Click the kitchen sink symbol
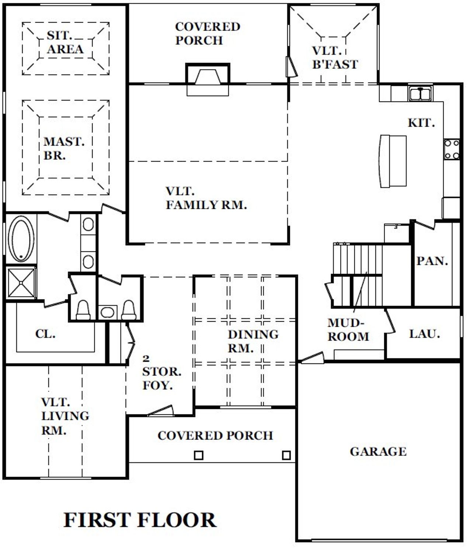tap(420, 94)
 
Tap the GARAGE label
tap(378, 451)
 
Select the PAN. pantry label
tap(432, 261)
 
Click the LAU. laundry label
tap(424, 334)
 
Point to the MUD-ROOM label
tap(348, 330)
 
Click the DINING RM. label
tap(253, 341)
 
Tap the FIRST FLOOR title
tap(140, 520)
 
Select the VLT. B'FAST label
tap(335, 57)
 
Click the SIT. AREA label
tap(65, 42)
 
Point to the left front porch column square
tap(198, 455)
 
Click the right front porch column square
tap(287, 455)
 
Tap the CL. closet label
tap(45, 334)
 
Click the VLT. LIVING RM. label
tap(65, 416)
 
